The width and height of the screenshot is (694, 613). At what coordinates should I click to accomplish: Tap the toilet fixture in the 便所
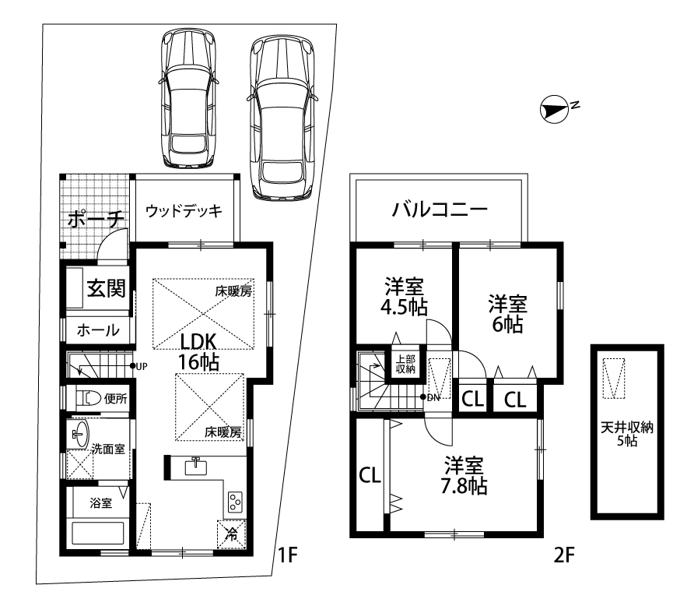point(89,397)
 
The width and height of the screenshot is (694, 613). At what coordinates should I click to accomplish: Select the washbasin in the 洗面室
point(79,434)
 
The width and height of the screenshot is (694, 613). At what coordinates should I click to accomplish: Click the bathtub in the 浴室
point(97,534)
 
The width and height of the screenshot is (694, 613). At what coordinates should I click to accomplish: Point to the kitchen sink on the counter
point(195,467)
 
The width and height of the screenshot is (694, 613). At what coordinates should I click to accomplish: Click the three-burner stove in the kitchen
point(235,502)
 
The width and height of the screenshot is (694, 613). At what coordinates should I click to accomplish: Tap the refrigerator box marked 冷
point(231,534)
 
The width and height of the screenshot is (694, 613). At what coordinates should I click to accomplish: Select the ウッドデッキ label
point(184,211)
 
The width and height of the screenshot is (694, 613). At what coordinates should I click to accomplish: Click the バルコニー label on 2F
point(440,209)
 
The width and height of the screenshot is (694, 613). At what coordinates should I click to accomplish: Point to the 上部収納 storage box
point(405,364)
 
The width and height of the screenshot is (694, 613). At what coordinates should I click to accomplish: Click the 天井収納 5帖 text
point(627,434)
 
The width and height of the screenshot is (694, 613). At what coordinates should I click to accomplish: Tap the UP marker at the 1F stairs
point(138,366)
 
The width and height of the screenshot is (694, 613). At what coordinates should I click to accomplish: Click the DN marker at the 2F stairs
point(430,397)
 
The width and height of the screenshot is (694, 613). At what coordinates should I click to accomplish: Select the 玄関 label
point(106,288)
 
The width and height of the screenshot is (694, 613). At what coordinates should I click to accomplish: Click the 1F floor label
point(288,554)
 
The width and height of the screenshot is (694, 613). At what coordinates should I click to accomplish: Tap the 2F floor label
point(564,554)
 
